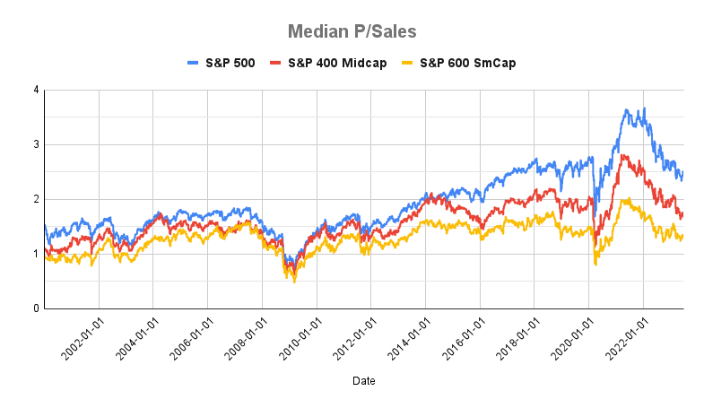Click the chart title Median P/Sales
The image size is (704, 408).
point(352,31)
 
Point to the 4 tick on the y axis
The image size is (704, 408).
point(35,90)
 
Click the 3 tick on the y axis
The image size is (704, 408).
point(35,144)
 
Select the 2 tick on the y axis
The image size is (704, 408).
point(35,199)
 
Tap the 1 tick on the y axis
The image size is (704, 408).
point(35,254)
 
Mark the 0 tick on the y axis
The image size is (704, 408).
point(35,308)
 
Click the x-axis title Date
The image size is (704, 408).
point(364,381)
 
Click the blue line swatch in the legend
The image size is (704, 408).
point(193,63)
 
